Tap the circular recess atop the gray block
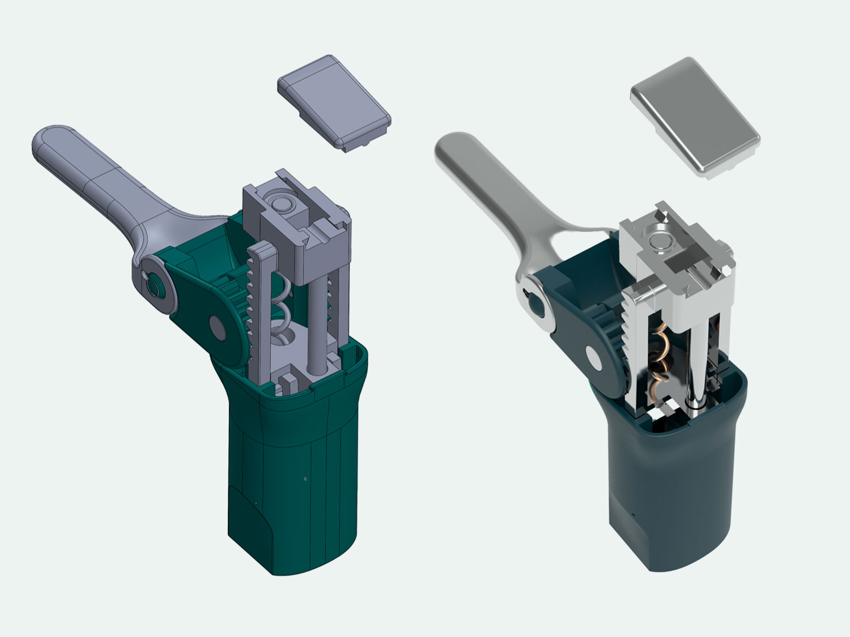(279, 203)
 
